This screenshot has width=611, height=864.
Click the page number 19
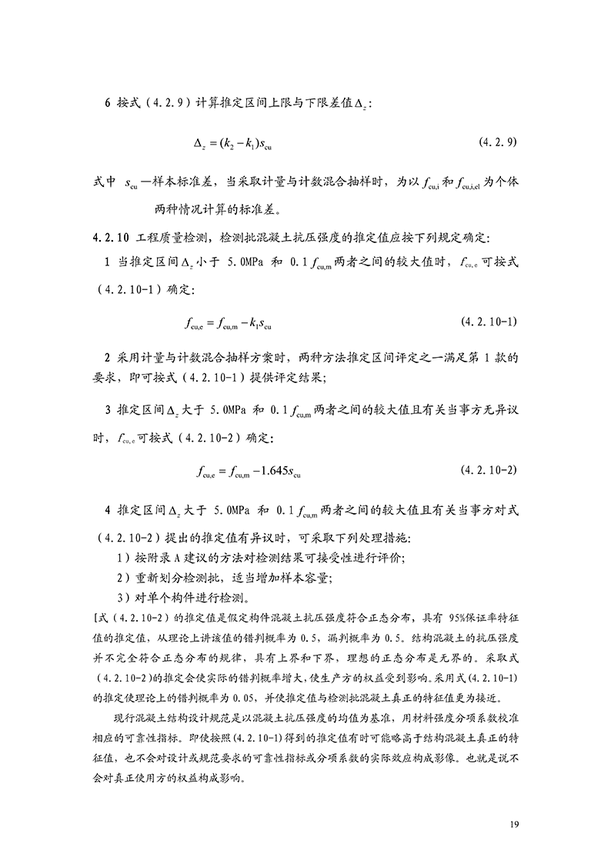(516, 824)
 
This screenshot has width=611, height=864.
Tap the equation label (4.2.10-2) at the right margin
(488, 469)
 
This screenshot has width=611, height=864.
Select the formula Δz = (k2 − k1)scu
(232, 143)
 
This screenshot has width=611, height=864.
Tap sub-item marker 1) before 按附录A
(122, 556)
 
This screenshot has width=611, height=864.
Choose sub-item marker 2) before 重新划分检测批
(122, 577)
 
